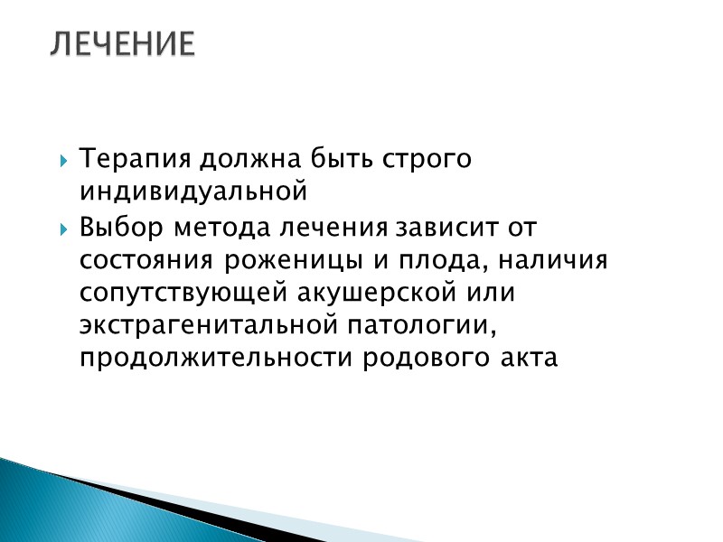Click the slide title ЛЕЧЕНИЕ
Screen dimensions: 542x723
click(x=122, y=42)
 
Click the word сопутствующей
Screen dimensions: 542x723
click(x=183, y=292)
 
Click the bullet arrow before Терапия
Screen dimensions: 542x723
click(x=63, y=161)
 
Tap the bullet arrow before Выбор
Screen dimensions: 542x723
click(x=63, y=227)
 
